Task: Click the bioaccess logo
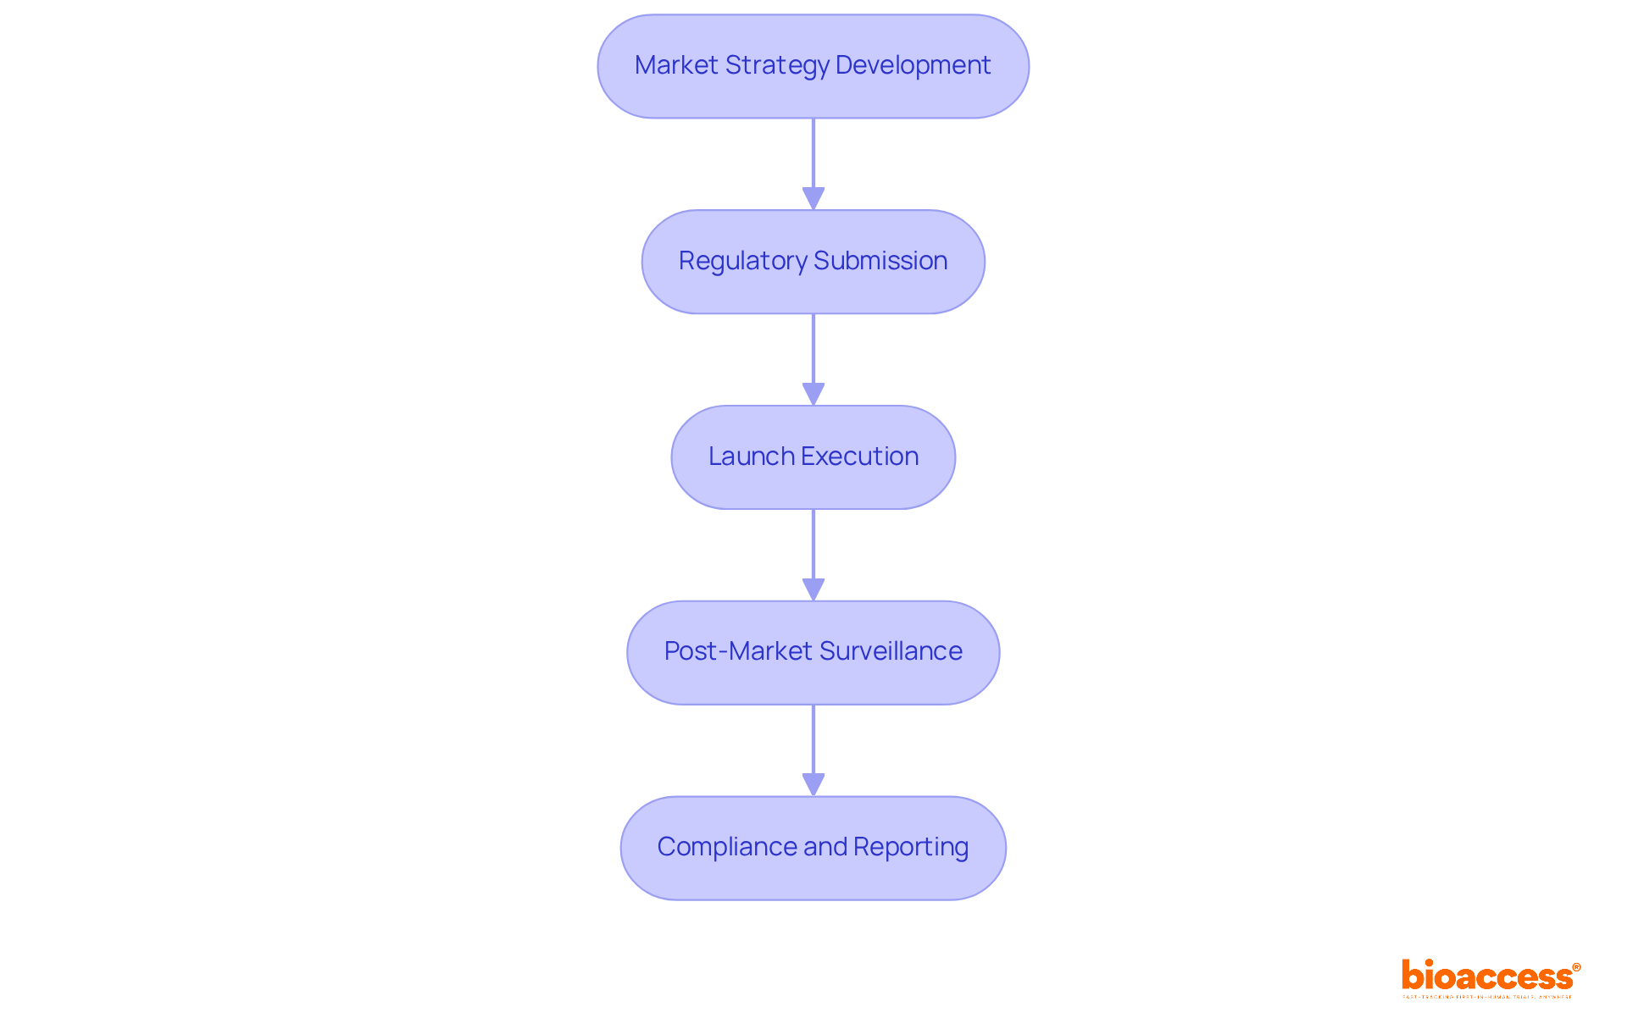pyautogui.click(x=1487, y=976)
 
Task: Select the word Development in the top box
pyautogui.click(x=913, y=65)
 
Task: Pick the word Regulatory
pyautogui.click(x=742, y=261)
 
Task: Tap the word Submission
pyautogui.click(x=880, y=261)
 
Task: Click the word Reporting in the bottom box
pyautogui.click(x=911, y=847)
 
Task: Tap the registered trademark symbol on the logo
pyautogui.click(x=1576, y=967)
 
